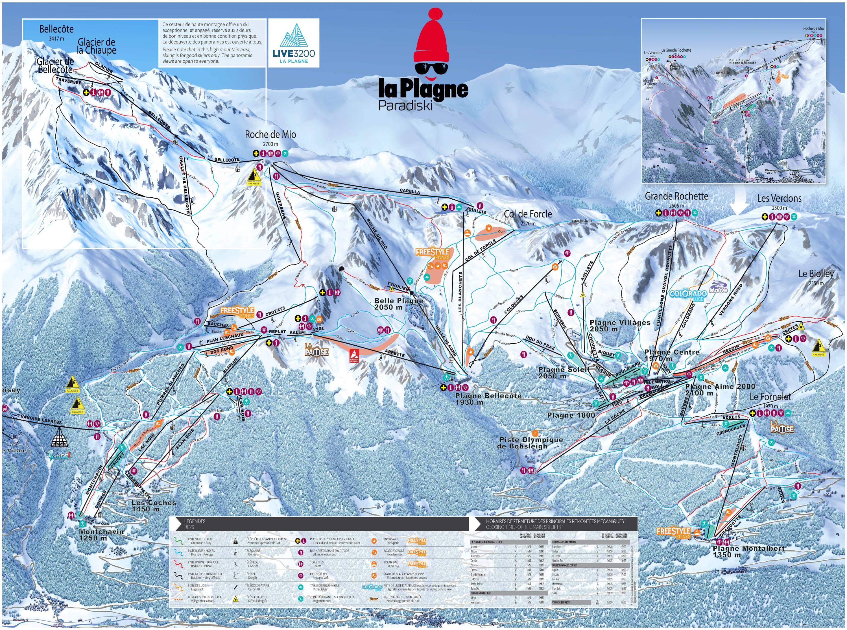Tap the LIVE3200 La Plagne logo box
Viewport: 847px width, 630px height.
point(294,43)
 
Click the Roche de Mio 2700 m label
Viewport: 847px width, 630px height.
point(270,138)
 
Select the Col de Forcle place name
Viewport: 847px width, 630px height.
point(528,214)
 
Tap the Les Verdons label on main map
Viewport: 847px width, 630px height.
point(779,199)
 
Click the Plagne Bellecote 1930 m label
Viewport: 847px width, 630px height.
point(488,399)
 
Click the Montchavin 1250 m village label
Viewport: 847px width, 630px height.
point(101,535)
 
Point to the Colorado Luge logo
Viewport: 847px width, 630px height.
point(688,295)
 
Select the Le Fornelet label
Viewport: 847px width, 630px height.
point(770,397)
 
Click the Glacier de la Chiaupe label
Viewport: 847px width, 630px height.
point(97,46)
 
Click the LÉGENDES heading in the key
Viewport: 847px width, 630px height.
point(195,521)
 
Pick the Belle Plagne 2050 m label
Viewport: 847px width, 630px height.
point(398,304)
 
